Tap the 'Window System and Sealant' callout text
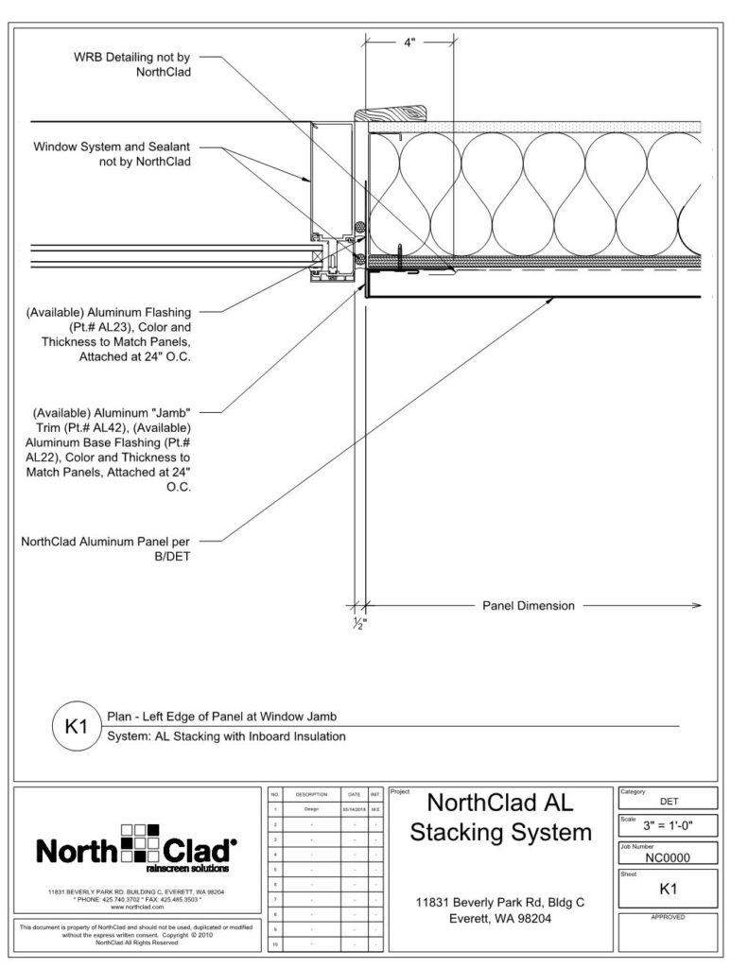113,154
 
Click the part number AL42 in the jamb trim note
150,428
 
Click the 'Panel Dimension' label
528,606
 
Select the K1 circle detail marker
74,728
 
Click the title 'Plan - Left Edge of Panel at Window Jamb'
221,717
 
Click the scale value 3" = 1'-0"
668,825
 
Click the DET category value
668,800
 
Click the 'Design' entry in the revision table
311,809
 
